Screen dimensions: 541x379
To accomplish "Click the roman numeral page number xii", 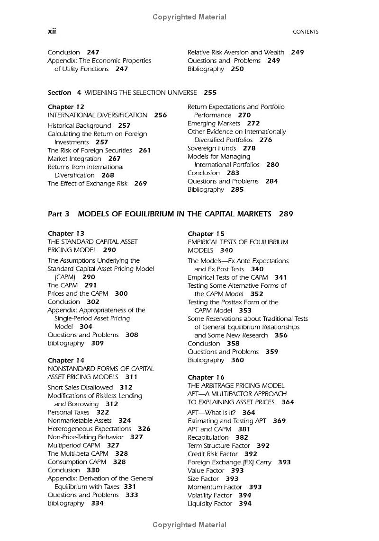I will pyautogui.click(x=52, y=31).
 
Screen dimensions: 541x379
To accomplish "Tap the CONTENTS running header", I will pyautogui.click(x=306, y=32).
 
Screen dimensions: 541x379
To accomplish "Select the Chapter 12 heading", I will pyautogui.click(x=66, y=107).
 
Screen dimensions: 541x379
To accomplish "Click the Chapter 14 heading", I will pyautogui.click(x=66, y=360).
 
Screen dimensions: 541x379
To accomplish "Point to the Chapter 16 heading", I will pyautogui.click(x=206, y=377).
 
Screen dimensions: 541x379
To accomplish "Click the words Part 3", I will pyautogui.click(x=59, y=214).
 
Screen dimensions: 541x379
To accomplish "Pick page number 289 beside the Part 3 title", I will pyautogui.click(x=286, y=214).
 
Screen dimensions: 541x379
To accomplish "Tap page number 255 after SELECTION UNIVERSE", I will pyautogui.click(x=210, y=93).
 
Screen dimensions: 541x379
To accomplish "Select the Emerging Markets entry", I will pyautogui.click(x=214, y=124).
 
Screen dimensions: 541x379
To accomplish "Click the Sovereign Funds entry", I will pyautogui.click(x=211, y=148).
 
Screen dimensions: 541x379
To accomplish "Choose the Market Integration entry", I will pyautogui.click(x=74, y=159).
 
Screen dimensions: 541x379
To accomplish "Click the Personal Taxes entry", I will pyautogui.click(x=69, y=412).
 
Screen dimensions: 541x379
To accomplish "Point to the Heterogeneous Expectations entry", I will pyautogui.click(x=89, y=429).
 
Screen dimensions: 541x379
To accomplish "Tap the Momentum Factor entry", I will pyautogui.click(x=215, y=487).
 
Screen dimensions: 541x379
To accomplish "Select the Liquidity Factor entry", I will pyautogui.click(x=210, y=504).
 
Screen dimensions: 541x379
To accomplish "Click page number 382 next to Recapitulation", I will pyautogui.click(x=242, y=437).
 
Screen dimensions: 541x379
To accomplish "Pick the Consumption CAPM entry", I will pyautogui.click(x=77, y=462).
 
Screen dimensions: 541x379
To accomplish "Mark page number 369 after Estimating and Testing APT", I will pyautogui.click(x=280, y=421).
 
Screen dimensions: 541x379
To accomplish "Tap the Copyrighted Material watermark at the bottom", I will pyautogui.click(x=189, y=524).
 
